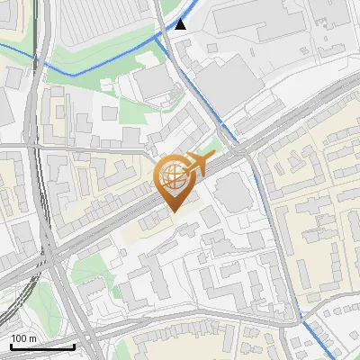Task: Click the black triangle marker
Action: coord(181,24)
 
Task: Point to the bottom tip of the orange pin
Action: coord(172,211)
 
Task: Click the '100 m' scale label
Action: coord(23,338)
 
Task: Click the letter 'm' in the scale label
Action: coord(33,338)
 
